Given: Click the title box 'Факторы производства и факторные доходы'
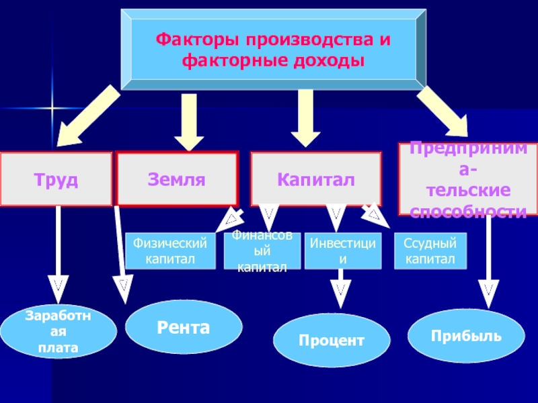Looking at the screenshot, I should point(273,50).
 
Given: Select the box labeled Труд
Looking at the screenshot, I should point(56,179).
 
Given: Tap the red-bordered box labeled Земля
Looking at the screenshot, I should point(178,179).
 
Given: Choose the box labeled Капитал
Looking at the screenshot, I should point(316,179).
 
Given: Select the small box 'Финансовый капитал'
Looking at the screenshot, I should point(262,251).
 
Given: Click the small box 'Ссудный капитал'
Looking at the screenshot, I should point(429,251).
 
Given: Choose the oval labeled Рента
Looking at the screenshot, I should point(184,328).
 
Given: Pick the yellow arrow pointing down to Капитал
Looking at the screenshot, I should point(306,118).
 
